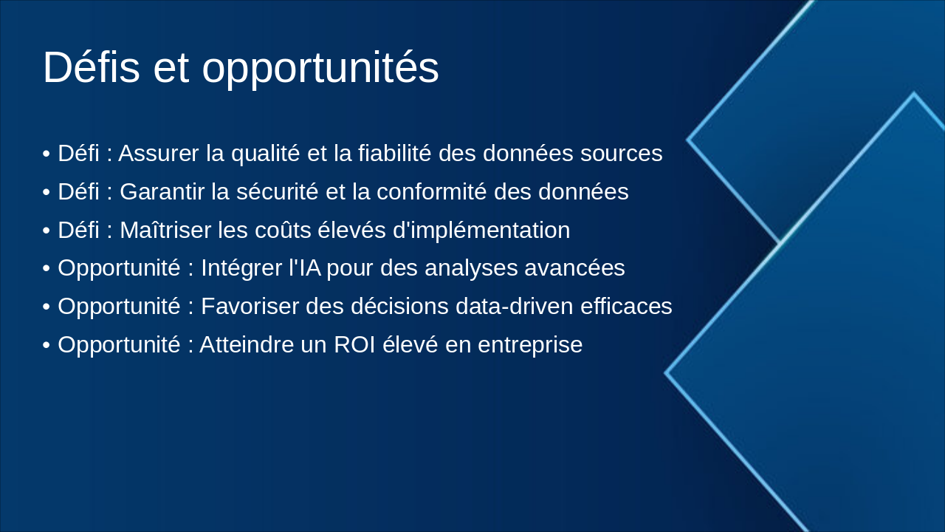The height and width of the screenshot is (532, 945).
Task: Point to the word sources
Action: pyautogui.click(x=622, y=154)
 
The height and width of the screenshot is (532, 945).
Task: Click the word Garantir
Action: pyautogui.click(x=162, y=192)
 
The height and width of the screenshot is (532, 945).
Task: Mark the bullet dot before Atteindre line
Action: pyautogui.click(x=47, y=346)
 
